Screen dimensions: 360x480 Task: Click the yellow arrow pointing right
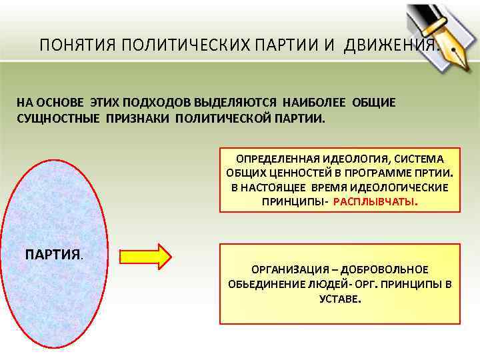pyautogui.click(x=145, y=255)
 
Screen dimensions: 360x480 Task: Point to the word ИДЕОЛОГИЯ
pyautogui.click(x=353, y=158)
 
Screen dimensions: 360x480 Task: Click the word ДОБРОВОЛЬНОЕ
pyautogui.click(x=387, y=269)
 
